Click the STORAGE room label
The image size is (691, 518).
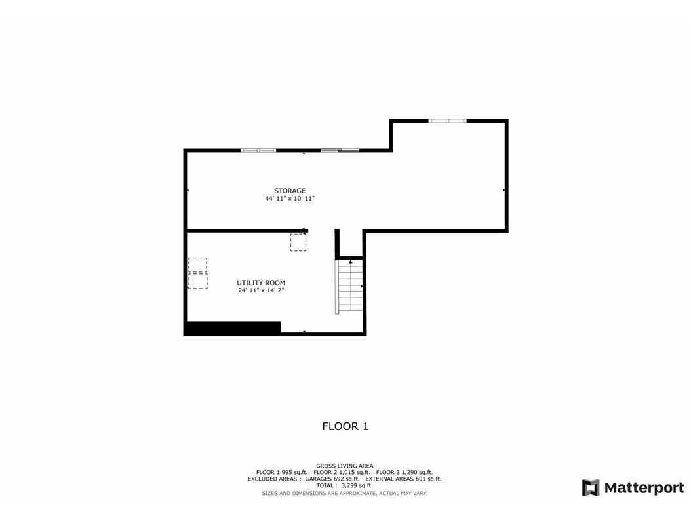[x=290, y=191]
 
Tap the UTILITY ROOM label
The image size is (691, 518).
[x=261, y=283]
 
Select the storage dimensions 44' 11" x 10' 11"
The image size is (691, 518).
[x=290, y=199]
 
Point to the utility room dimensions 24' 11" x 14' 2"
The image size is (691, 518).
[x=261, y=290]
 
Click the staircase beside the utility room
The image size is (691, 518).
[x=350, y=287]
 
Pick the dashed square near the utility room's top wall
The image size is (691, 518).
[x=298, y=243]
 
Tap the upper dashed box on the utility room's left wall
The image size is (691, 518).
[x=197, y=266]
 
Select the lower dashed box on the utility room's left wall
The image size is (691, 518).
[x=197, y=281]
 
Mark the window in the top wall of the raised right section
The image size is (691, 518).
[x=447, y=121]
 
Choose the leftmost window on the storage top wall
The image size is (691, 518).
[x=258, y=151]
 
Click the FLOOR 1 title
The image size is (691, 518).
[x=345, y=426]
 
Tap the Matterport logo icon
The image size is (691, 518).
[x=591, y=488]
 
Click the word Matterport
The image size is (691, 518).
[x=644, y=488]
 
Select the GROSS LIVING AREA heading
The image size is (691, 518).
[x=345, y=466]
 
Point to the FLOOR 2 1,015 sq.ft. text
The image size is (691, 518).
[x=342, y=472]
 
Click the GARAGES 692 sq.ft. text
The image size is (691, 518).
[x=332, y=479]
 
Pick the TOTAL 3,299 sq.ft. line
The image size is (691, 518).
[x=344, y=485]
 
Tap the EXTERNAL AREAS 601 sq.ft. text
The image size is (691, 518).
[x=403, y=479]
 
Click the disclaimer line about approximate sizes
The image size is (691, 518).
[x=345, y=493]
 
